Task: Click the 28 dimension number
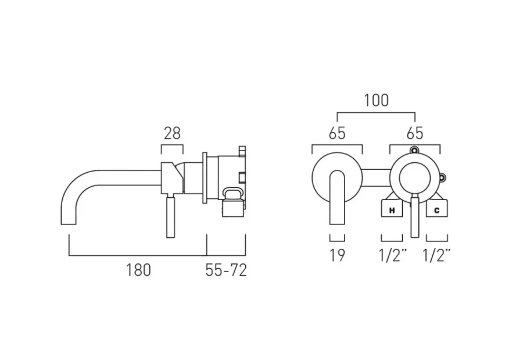click(x=171, y=134)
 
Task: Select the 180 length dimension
click(x=138, y=270)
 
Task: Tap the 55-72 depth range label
click(x=226, y=270)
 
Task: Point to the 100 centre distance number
click(x=376, y=100)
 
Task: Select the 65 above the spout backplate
click(x=337, y=133)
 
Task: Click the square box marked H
click(x=392, y=209)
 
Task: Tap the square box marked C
click(x=436, y=209)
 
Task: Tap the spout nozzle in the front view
click(x=337, y=198)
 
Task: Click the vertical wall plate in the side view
click(x=205, y=179)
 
